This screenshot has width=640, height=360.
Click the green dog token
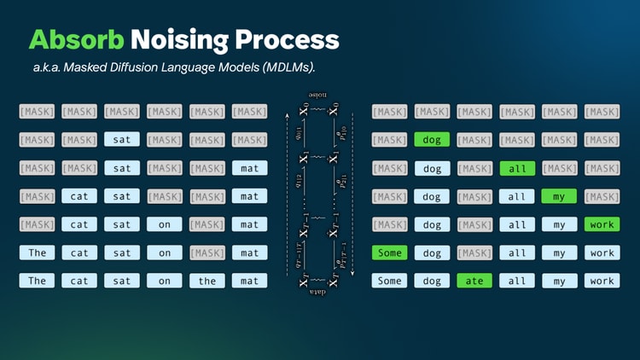pyautogui.click(x=432, y=140)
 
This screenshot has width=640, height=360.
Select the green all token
pyautogui.click(x=517, y=168)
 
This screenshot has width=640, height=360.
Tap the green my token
pyautogui.click(x=559, y=196)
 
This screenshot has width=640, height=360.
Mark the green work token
pyautogui.click(x=602, y=224)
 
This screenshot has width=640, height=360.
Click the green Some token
pyautogui.click(x=389, y=253)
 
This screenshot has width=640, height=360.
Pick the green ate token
pyautogui.click(x=474, y=281)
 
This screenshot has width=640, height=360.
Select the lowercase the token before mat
pyautogui.click(x=207, y=281)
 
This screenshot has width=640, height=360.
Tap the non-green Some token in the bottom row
pyautogui.click(x=389, y=281)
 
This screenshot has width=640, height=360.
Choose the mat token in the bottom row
pyautogui.click(x=249, y=281)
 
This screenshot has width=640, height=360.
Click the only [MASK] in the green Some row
pyautogui.click(x=474, y=253)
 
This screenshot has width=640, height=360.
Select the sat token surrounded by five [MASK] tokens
pyautogui.click(x=122, y=140)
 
